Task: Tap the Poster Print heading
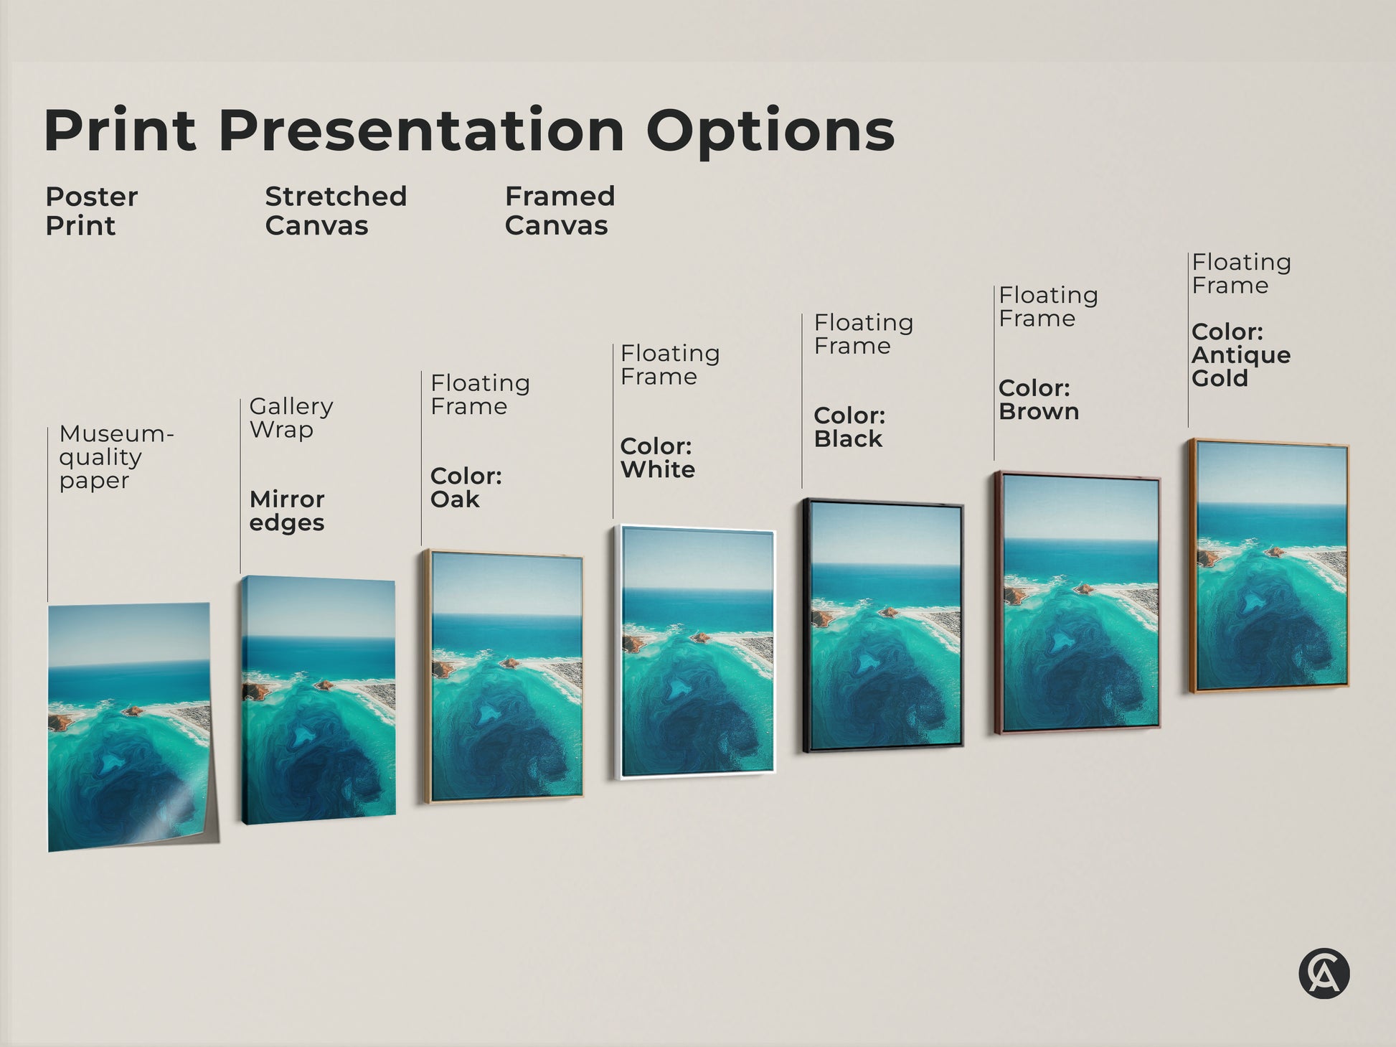(x=91, y=211)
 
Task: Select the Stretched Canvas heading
(x=336, y=211)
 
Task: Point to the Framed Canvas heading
(x=560, y=211)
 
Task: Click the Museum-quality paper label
(x=116, y=457)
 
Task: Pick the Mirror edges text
(x=287, y=510)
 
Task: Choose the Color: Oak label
(x=466, y=487)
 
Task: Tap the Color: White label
(x=657, y=458)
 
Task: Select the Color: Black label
(x=849, y=427)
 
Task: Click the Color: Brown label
(x=1038, y=400)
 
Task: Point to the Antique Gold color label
(x=1240, y=355)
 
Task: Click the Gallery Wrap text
(x=291, y=418)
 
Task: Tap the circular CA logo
(x=1324, y=974)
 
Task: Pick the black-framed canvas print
(x=883, y=625)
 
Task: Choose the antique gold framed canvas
(x=1269, y=566)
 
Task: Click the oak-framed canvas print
(x=504, y=677)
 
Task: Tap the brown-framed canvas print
(x=1077, y=603)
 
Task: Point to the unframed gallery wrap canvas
(x=319, y=700)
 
